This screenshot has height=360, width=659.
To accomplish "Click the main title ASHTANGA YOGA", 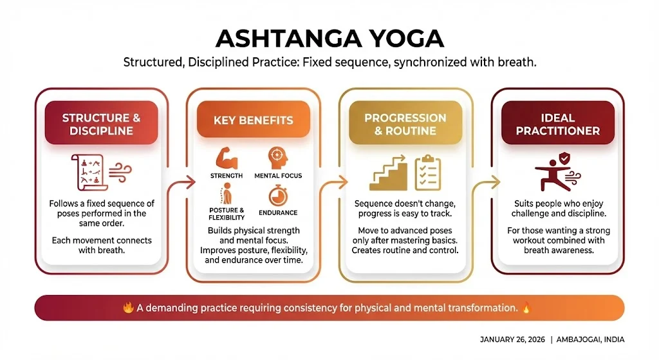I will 329,39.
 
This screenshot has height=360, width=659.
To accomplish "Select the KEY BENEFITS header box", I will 253,120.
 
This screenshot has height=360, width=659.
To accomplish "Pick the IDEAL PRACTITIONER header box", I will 558,124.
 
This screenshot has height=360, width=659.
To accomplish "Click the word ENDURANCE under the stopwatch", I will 277,213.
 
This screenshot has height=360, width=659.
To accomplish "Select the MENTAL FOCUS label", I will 278,175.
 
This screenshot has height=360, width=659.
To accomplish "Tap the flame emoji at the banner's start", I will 127,308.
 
